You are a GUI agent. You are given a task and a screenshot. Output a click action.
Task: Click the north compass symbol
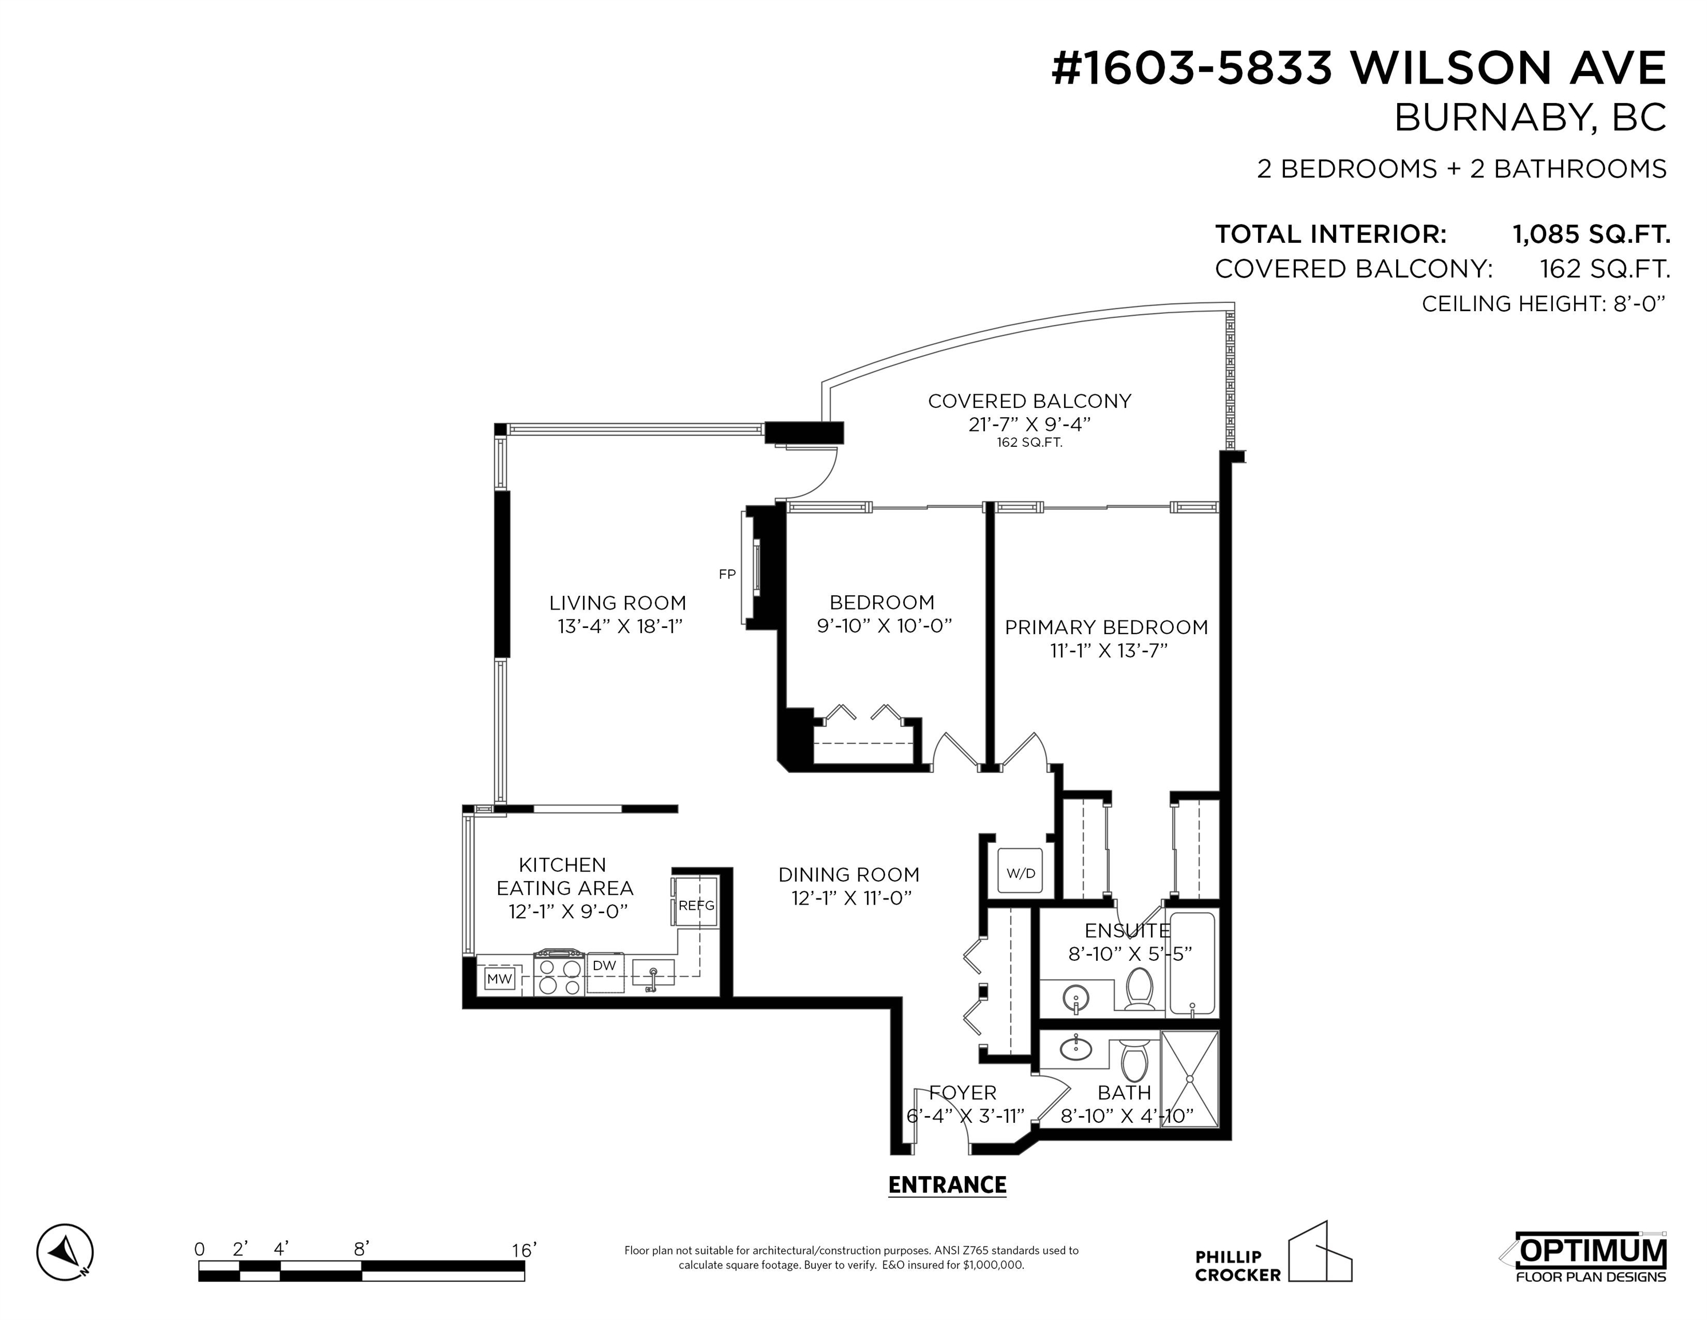coord(65,1252)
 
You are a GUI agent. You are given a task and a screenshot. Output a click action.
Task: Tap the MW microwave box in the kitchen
coord(499,979)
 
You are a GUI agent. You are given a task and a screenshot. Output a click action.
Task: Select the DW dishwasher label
coord(604,966)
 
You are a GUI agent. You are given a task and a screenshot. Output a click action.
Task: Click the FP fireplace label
coord(727,575)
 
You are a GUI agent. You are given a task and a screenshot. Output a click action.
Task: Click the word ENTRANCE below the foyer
coord(947,1185)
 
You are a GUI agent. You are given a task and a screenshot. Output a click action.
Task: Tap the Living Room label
coord(617,603)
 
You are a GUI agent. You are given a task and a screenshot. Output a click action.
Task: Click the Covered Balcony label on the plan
coord(1030,401)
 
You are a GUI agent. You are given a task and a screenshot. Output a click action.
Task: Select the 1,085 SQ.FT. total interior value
coord(1591,234)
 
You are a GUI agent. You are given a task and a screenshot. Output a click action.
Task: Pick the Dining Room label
coord(849,874)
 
